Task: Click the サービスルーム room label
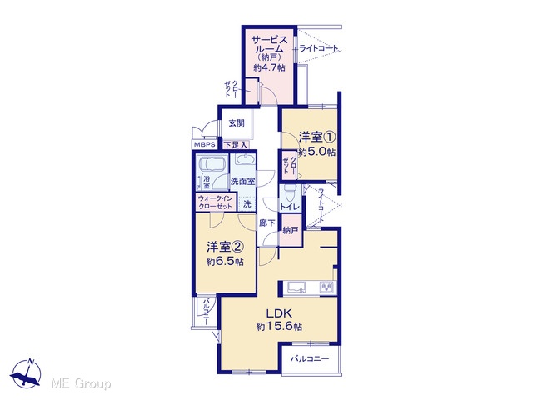pos(269,45)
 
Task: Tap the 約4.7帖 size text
pos(269,67)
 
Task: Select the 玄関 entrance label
pos(237,122)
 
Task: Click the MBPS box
pos(205,144)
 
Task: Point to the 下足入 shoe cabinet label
pos(236,145)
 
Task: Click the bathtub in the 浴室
pos(212,165)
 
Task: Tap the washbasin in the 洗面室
pos(243,160)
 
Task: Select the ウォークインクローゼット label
pos(215,202)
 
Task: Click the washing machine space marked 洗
pos(247,203)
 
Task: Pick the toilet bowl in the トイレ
pos(290,192)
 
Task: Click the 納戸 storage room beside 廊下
pos(291,230)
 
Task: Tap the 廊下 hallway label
pos(266,223)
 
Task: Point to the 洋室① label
pos(317,137)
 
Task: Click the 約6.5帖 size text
pos(225,262)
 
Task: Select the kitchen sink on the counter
pos(296,287)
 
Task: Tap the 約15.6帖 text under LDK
pos(279,327)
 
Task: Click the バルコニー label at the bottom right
pos(310,359)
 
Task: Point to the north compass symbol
pos(26,373)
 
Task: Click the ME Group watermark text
pos(81,383)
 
